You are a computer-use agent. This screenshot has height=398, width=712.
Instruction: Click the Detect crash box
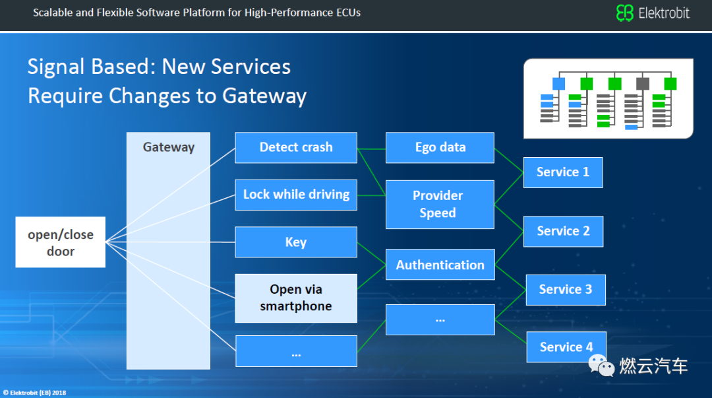click(x=296, y=147)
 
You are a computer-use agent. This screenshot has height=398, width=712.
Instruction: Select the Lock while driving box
click(x=296, y=194)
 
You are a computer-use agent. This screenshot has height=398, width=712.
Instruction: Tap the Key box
click(x=296, y=242)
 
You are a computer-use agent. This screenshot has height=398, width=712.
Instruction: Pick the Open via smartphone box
click(x=296, y=298)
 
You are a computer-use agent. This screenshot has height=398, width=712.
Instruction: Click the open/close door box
click(x=61, y=242)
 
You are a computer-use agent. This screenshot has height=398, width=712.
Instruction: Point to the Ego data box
click(x=440, y=147)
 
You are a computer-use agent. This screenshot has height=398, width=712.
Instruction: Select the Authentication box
click(x=440, y=265)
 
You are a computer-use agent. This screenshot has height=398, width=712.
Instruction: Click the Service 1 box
click(x=563, y=172)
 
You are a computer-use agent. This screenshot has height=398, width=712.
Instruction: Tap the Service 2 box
click(x=563, y=231)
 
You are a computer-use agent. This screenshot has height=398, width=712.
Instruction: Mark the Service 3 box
click(x=566, y=289)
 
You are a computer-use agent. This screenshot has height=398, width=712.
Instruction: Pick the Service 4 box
click(x=566, y=347)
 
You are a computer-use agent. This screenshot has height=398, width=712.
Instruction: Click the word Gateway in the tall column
click(x=169, y=147)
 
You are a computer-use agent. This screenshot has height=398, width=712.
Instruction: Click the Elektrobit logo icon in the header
click(x=624, y=13)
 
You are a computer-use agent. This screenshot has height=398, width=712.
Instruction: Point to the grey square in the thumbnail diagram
click(x=643, y=84)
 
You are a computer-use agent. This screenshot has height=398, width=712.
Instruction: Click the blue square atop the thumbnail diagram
click(x=558, y=84)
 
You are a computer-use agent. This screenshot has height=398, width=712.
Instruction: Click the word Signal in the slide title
click(x=55, y=67)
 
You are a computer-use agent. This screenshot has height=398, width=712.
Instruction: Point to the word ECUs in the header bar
click(x=347, y=13)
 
